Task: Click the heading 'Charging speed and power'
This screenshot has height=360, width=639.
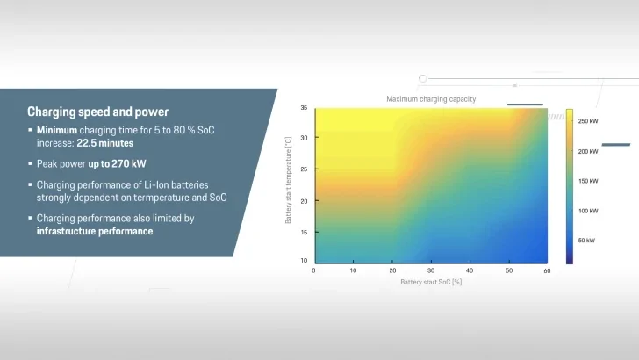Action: [x=97, y=112]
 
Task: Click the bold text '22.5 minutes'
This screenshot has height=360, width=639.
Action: [x=105, y=143]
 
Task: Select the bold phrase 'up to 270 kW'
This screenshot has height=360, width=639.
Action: [x=117, y=164]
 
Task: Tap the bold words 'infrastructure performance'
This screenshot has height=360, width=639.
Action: [x=95, y=231]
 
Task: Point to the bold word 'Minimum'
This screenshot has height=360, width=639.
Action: [x=57, y=130]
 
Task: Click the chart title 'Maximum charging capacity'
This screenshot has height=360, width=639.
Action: [x=431, y=99]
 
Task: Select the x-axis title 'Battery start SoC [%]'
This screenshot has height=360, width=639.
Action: [x=431, y=282]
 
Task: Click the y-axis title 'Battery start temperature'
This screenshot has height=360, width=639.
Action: [x=288, y=180]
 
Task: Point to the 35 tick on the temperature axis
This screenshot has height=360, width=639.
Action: [x=304, y=108]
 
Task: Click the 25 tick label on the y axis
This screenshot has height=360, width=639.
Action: [x=304, y=169]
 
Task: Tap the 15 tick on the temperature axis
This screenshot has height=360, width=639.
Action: [x=304, y=233]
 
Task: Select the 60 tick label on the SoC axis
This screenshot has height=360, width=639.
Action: [x=547, y=270]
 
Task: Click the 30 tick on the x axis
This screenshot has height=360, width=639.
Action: [x=431, y=270]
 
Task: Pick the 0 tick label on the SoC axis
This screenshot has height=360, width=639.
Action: [x=313, y=270]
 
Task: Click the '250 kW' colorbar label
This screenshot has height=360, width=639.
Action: [x=588, y=121]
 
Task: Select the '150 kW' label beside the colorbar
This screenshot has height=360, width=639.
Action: [x=588, y=181]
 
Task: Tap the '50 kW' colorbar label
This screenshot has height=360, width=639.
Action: [x=586, y=241]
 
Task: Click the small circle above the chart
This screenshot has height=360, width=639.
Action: [x=422, y=79]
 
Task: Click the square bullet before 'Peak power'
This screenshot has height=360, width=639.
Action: [x=30, y=163]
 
